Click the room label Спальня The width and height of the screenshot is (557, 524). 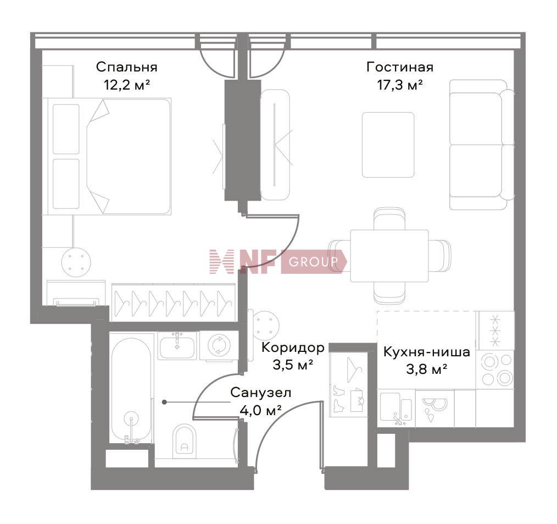pos(126,67)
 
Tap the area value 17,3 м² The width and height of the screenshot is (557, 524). pos(400,85)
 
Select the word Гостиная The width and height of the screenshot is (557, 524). pos(400,67)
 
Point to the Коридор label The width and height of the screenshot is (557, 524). pos(293,348)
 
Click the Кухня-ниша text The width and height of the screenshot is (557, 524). pos(427,352)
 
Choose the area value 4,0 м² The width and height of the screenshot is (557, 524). pos(261,411)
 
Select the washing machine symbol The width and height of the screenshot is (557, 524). pos(219,345)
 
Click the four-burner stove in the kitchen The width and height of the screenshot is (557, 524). pos(495,369)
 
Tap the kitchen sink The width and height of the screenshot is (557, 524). pos(396,409)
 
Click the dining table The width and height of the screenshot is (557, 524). pos(389,256)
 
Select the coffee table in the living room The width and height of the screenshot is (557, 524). pos(388,145)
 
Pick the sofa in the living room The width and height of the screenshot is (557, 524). pos(482,145)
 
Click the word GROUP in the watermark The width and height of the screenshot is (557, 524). pos(313,262)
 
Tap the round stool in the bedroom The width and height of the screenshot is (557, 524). pos(76,262)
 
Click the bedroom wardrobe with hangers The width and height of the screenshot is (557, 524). pos(174,302)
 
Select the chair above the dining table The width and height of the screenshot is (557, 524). pos(389,219)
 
